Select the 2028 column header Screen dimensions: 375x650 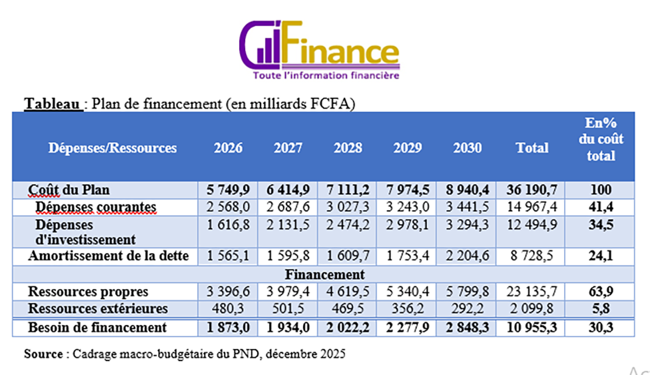pos(348,148)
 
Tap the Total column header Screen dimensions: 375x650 pos(532,148)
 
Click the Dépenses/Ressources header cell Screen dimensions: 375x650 pos(113,148)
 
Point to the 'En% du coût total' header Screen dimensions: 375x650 pos(601,139)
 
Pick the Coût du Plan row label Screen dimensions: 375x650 pos(69,190)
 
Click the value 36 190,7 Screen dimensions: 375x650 pos(531,190)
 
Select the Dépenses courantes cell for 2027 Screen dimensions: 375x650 pos(288,208)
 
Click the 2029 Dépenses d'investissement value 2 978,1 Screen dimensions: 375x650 pos(407,226)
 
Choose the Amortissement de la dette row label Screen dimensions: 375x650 pos(108,256)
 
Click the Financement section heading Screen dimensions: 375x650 pos(324,275)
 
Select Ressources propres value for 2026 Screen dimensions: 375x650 pos(228,292)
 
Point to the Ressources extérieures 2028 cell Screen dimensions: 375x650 pos(348,309)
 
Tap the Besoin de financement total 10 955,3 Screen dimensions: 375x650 pos(531,328)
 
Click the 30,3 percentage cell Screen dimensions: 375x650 pos(601,328)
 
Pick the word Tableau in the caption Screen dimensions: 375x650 pos(52,104)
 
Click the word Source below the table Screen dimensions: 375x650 pos(43,353)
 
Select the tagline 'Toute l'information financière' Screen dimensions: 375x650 pos(326,76)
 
